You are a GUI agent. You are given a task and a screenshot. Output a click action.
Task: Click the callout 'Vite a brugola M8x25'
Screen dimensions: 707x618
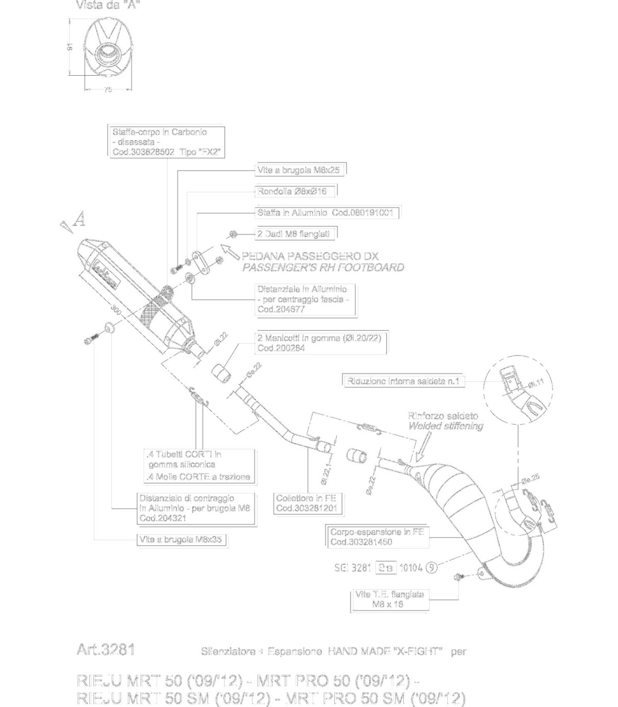[x=300, y=170]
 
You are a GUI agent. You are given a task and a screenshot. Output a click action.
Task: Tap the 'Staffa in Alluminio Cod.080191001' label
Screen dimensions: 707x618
[x=327, y=213]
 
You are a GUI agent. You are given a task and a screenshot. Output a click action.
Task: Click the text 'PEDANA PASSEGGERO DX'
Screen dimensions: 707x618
[x=310, y=256]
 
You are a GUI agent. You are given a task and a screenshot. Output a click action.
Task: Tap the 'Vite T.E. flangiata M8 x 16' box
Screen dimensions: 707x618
[x=389, y=599]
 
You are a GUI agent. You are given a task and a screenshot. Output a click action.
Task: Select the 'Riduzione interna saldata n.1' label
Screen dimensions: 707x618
[x=403, y=381]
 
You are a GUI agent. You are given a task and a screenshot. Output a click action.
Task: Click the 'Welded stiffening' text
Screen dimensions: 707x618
[x=445, y=426]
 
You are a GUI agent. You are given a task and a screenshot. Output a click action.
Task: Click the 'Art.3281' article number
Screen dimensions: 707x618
[x=106, y=650]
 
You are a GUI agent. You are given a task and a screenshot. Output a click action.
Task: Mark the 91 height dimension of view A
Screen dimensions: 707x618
[x=71, y=47]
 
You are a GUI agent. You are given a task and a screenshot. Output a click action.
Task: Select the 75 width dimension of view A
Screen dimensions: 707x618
[x=108, y=90]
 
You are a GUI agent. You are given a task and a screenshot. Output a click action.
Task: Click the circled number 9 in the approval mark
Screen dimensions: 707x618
[x=432, y=568]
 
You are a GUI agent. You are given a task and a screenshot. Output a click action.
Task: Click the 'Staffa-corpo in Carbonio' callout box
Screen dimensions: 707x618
[x=167, y=142]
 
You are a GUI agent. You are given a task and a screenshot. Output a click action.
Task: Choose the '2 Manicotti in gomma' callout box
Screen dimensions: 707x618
[x=322, y=343]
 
